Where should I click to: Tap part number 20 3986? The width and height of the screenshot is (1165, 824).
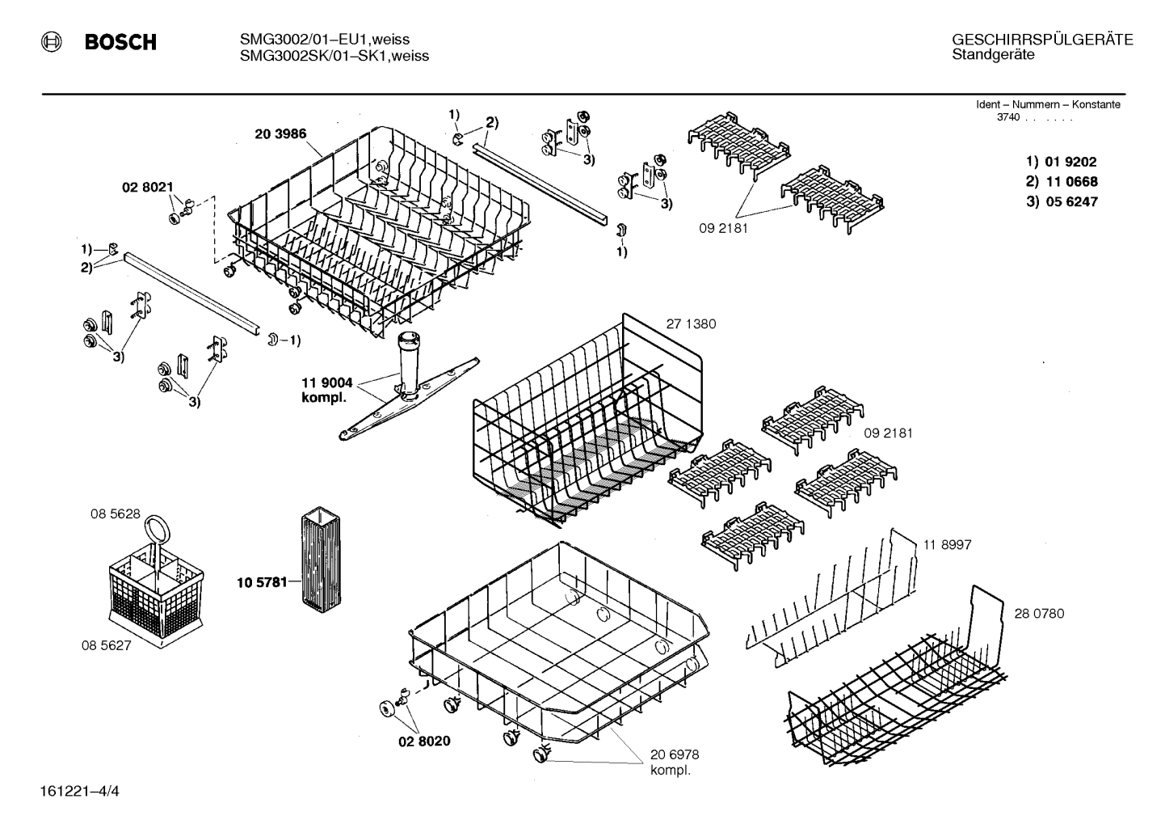pos(280,134)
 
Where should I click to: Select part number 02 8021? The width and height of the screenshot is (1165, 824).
pos(147,187)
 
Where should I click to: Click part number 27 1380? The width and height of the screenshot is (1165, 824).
pos(691,324)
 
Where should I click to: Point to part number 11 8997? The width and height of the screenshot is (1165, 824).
pos(947,545)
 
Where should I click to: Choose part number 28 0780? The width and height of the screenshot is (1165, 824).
pos(1039,614)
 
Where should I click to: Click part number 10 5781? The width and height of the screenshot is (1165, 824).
pos(262,581)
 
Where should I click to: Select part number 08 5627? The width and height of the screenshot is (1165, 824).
pos(106,645)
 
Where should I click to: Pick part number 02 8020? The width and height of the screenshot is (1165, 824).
pos(424,741)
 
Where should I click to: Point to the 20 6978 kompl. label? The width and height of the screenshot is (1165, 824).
pos(675,762)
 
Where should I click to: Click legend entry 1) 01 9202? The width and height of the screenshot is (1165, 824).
pos(1062,162)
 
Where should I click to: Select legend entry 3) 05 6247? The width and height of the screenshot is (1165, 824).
pos(1062,202)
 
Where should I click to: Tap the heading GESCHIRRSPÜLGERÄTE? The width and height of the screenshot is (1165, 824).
pos(1042,40)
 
